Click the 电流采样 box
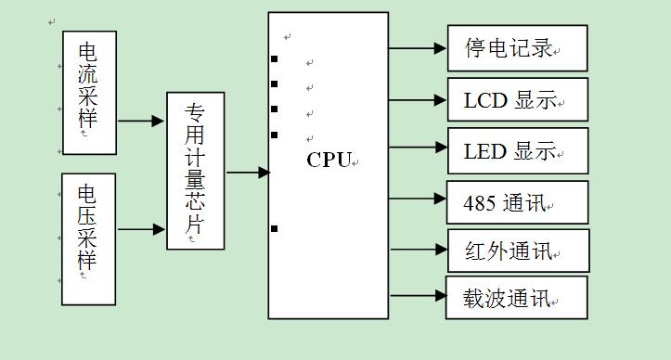(89, 93)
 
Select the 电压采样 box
(89, 238)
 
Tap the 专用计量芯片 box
(195, 171)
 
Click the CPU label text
(329, 160)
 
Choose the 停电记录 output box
(517, 48)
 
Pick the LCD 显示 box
(517, 99)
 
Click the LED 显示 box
(517, 150)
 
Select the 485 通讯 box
(517, 201)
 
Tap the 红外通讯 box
(518, 251)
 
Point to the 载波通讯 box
(516, 298)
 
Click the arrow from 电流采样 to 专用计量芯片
(141, 121)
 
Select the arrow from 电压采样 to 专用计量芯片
(141, 228)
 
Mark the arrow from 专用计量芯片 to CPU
(247, 172)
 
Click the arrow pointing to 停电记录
(418, 47)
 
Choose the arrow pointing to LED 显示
(418, 147)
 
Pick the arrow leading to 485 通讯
(418, 198)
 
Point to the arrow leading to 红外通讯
(419, 249)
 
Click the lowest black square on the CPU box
(274, 228)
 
